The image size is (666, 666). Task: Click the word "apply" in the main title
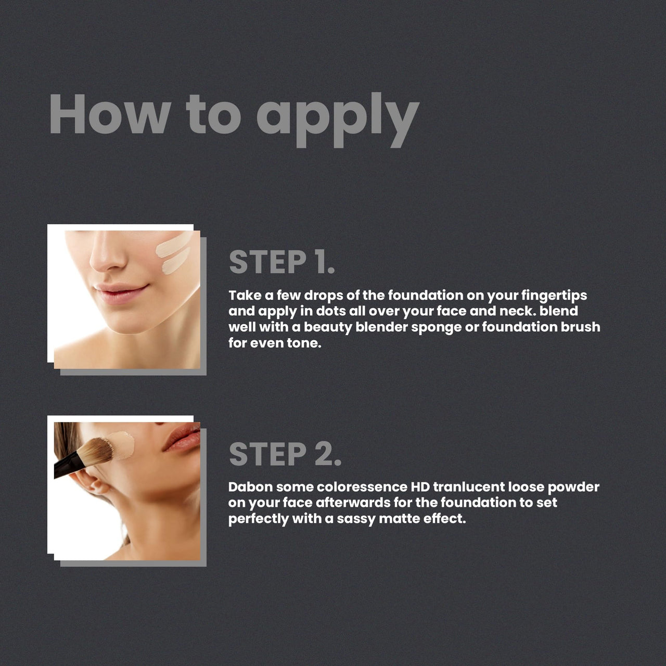[x=338, y=119]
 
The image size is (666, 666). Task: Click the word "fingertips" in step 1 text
[x=554, y=296]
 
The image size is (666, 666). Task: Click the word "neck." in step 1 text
[x=518, y=311]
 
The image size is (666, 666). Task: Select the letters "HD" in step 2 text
[x=420, y=487]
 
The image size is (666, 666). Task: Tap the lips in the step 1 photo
[x=121, y=292]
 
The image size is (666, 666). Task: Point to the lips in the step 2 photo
[x=182, y=437]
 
